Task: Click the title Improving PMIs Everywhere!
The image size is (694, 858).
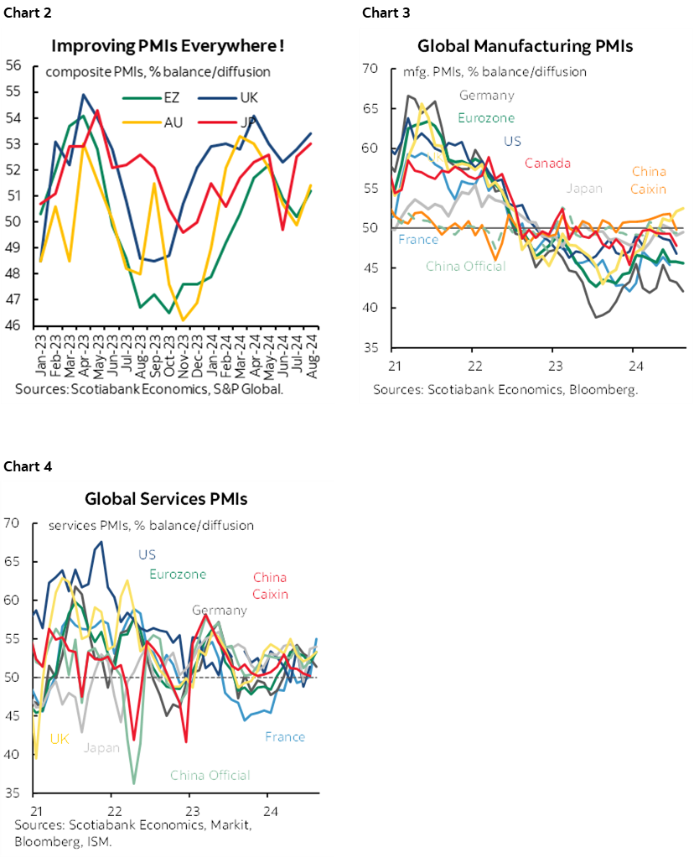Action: [167, 45]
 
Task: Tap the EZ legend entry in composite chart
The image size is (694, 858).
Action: [174, 97]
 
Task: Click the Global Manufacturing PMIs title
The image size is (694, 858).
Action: [525, 45]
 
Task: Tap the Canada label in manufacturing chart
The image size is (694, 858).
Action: [546, 163]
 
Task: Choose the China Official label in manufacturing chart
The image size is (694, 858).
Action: [465, 266]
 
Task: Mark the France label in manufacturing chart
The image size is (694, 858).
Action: [417, 239]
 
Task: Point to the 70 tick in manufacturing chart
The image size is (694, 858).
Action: [372, 69]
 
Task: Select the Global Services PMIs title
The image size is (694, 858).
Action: [166, 499]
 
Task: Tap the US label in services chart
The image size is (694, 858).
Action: [148, 554]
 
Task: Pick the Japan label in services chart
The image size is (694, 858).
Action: [101, 747]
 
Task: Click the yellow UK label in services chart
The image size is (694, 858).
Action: [59, 738]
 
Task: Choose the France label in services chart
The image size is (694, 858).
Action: [285, 736]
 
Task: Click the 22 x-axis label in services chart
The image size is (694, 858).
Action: [114, 811]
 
